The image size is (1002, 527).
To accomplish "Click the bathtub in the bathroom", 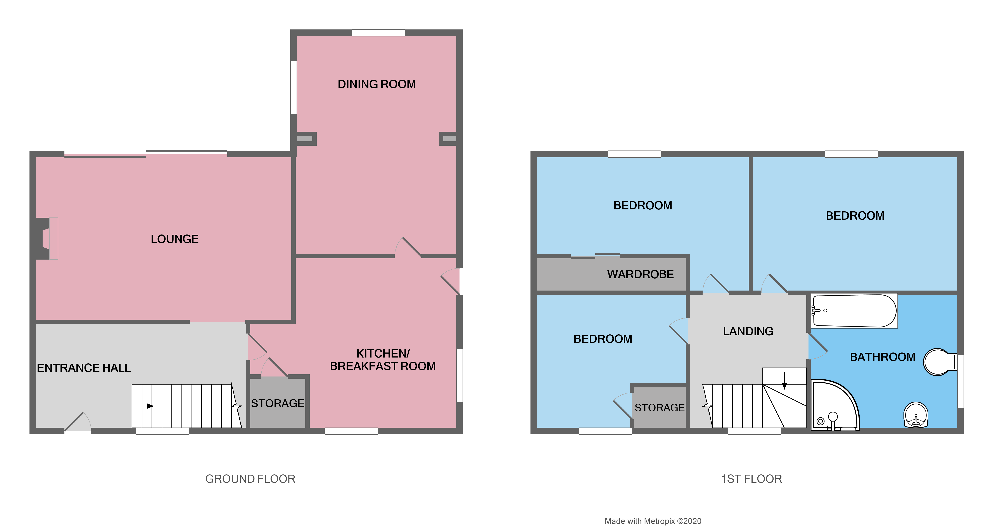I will (854, 311).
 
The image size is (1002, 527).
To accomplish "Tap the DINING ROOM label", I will (377, 84).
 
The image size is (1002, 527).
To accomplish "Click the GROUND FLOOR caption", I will (250, 479).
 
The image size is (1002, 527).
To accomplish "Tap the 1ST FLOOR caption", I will (751, 479).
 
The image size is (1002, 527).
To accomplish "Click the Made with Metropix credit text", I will (653, 521).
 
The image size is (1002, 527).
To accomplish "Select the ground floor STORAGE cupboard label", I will (277, 403).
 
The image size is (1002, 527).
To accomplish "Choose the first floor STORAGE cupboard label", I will (659, 408).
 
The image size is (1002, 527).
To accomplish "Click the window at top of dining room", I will (378, 33).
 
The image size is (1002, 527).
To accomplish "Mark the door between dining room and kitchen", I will (408, 249).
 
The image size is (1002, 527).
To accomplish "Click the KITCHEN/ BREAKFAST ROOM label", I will (383, 360).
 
